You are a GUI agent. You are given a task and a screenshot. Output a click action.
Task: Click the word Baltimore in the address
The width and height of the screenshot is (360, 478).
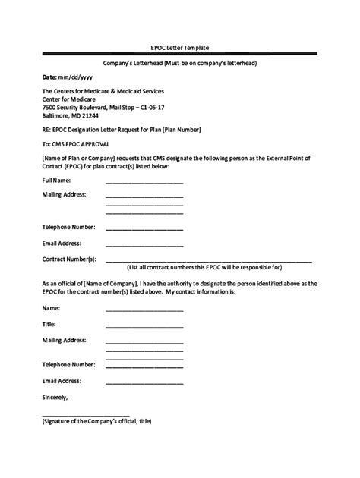pos(58,115)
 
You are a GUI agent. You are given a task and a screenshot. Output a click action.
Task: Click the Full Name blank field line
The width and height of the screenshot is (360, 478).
pos(144,183)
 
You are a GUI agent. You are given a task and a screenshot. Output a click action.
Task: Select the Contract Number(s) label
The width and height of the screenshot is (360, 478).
pos(69,259)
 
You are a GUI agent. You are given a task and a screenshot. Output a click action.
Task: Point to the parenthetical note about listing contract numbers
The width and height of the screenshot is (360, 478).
pos(204,268)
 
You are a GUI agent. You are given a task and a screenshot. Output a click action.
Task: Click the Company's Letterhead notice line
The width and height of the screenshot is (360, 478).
pos(179,63)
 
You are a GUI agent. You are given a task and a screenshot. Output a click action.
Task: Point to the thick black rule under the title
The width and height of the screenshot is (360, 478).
pos(179,55)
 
